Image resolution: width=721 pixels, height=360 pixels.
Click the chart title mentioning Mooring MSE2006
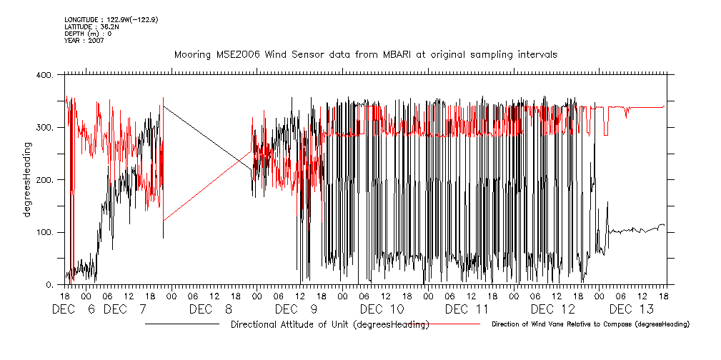[366, 54]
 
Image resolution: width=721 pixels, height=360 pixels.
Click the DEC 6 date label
[75, 309]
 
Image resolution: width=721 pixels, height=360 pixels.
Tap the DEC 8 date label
[211, 309]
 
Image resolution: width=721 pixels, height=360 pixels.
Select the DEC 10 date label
[382, 309]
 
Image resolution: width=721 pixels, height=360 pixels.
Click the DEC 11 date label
[467, 309]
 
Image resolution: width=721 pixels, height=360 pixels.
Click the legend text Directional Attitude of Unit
[329, 325]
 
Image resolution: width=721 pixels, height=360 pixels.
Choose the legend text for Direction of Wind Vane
[590, 325]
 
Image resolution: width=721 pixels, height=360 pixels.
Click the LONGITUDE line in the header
[111, 19]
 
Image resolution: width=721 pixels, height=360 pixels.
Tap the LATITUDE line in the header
[91, 26]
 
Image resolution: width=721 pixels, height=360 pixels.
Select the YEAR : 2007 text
[84, 41]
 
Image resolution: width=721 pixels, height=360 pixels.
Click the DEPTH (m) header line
[88, 34]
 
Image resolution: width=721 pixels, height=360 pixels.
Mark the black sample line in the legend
[182, 325]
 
